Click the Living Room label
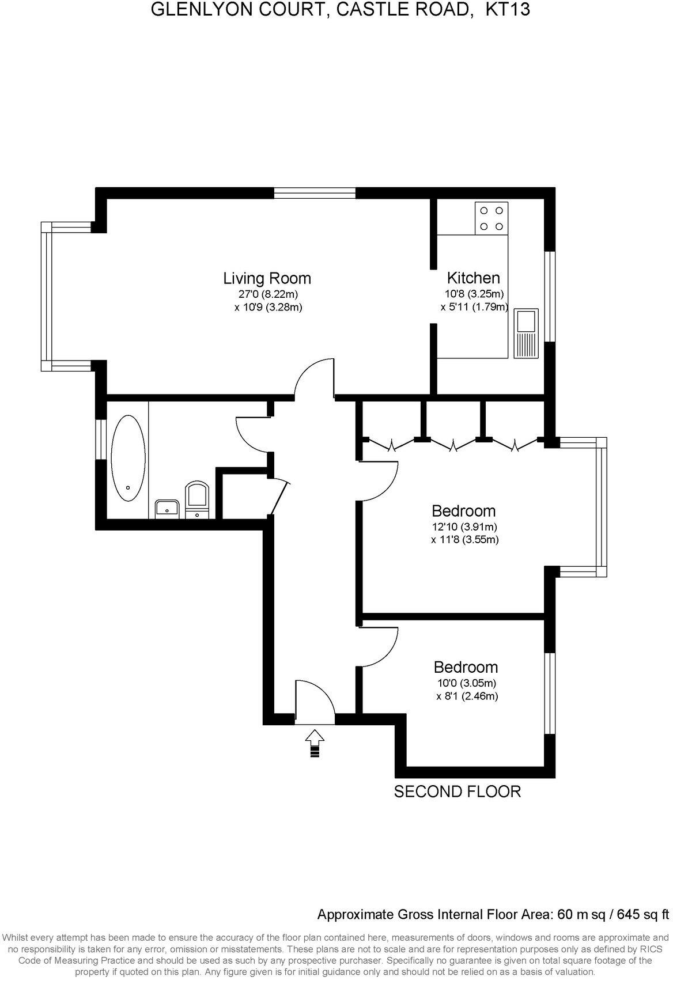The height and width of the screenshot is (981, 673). coord(267,279)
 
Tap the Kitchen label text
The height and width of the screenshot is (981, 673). coord(474,278)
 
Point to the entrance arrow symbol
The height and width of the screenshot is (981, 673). coord(314,744)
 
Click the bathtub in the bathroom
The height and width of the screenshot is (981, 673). coord(128,458)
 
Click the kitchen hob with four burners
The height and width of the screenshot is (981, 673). coord(491,218)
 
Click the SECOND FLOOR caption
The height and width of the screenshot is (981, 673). coord(457,791)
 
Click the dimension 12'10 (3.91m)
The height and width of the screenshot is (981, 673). coord(464,527)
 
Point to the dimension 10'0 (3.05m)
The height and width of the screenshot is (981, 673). coord(466,683)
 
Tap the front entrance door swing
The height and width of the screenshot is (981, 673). coord(315,701)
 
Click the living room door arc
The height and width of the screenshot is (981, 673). coord(314,377)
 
